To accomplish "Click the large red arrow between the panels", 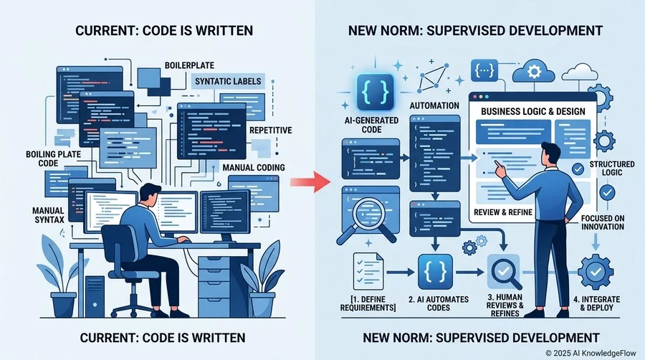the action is pyautogui.click(x=310, y=181).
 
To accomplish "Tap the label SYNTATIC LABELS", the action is pyautogui.click(x=228, y=81).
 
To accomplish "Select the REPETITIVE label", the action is pyautogui.click(x=271, y=131).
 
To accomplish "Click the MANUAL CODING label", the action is pyautogui.click(x=254, y=168).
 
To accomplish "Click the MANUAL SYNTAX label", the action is pyautogui.click(x=49, y=215).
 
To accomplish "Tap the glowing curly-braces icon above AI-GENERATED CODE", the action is pyautogui.click(x=375, y=92).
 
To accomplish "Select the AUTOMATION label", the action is pyautogui.click(x=434, y=105).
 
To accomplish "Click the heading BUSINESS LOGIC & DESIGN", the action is pyautogui.click(x=533, y=111).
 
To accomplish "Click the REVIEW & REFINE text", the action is pyautogui.click(x=503, y=212).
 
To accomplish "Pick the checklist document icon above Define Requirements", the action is pyautogui.click(x=368, y=271).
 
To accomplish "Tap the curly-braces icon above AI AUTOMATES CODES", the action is pyautogui.click(x=435, y=272).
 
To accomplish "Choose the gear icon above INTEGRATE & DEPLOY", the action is pyautogui.click(x=596, y=272).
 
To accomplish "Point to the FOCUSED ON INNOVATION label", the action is pyautogui.click(x=603, y=222).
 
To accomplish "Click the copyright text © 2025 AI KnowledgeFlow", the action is pyautogui.click(x=591, y=353).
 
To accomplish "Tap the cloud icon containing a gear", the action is pyautogui.click(x=533, y=72).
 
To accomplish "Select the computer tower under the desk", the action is pyautogui.click(x=95, y=297).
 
